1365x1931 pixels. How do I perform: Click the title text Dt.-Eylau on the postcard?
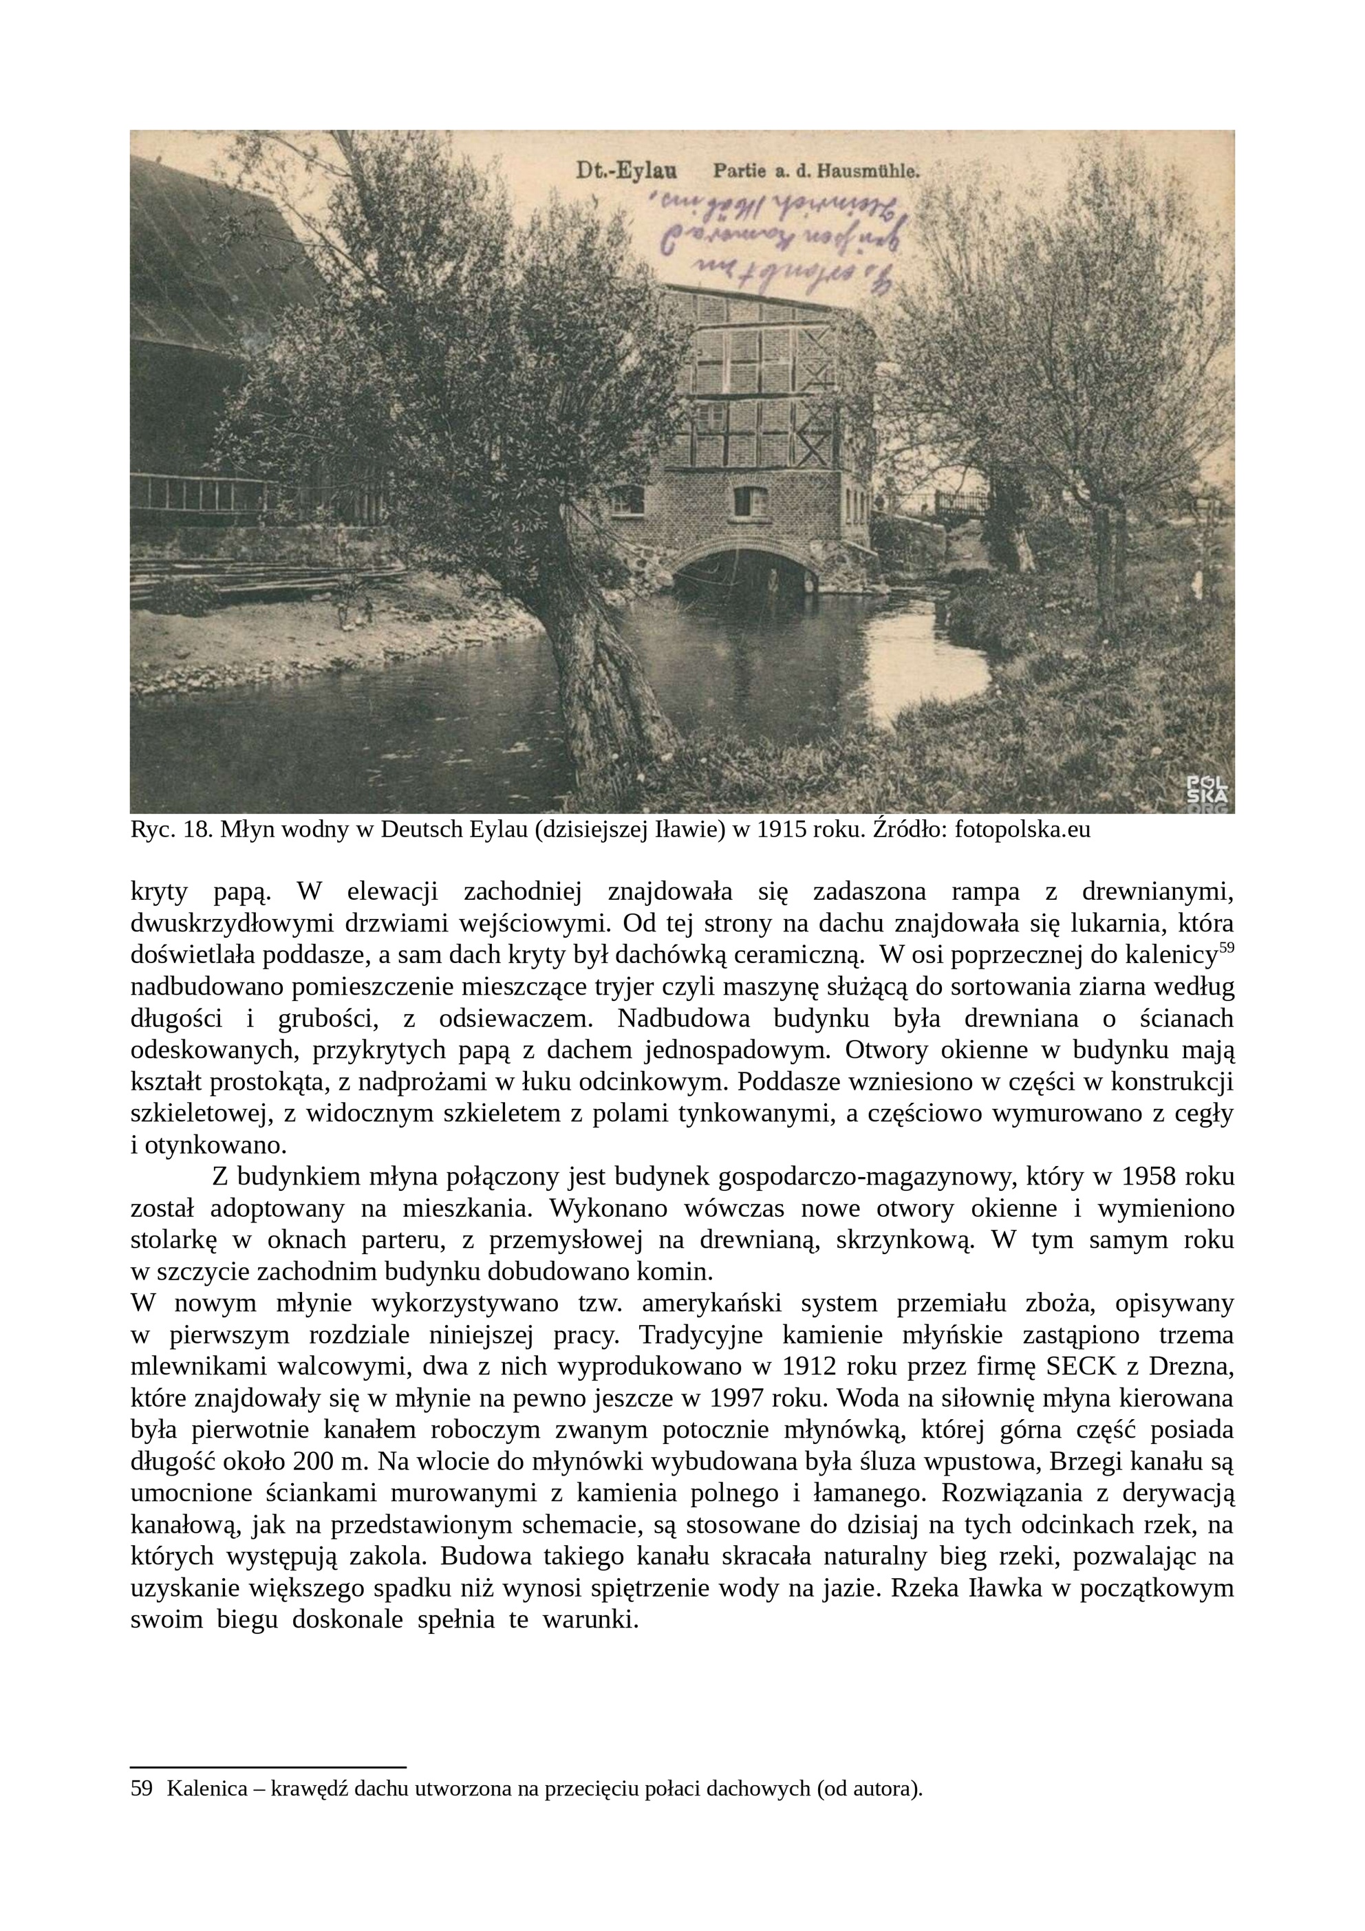(627, 171)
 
